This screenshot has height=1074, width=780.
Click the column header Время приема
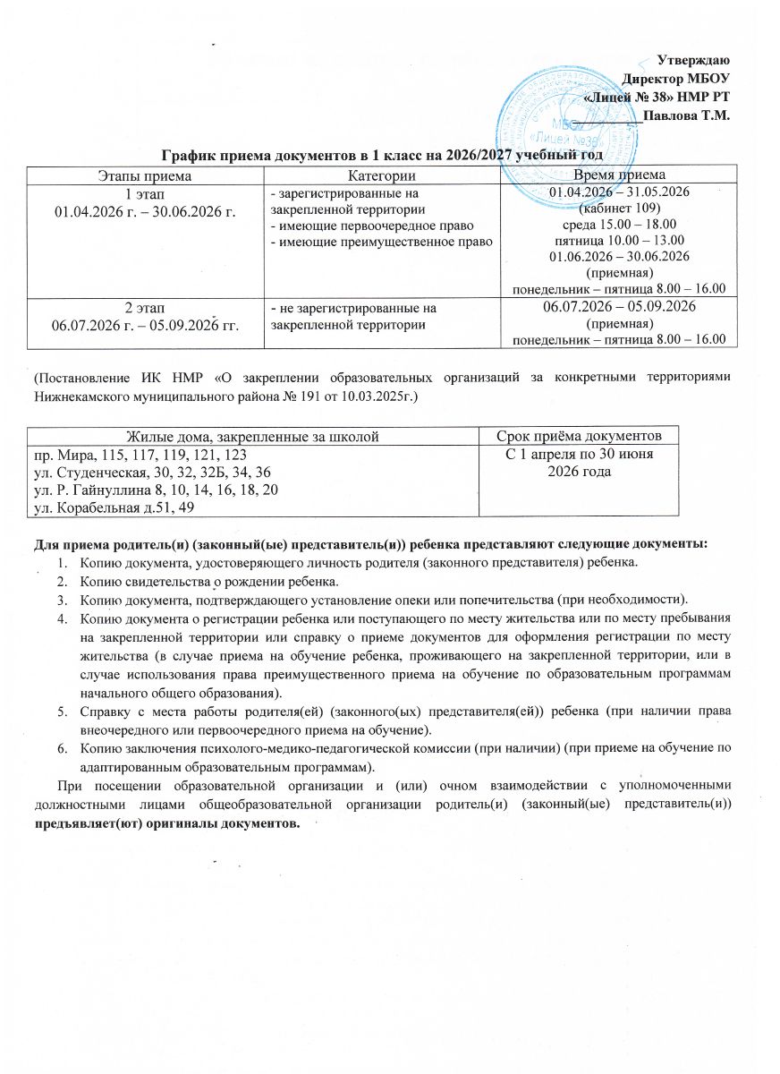[x=617, y=175]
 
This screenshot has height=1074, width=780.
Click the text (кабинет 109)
[x=617, y=208]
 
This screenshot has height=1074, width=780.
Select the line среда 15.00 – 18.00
[x=617, y=224]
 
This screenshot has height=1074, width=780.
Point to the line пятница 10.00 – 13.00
[x=617, y=240]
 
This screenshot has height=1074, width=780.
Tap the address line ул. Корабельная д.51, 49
[x=116, y=508]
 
